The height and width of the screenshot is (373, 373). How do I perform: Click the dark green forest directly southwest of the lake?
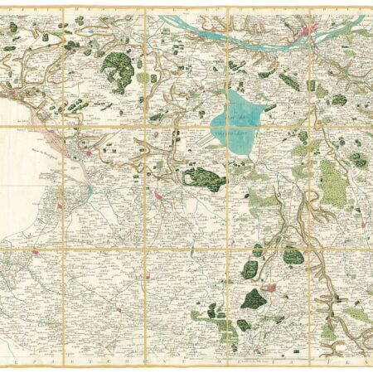tap(204, 177)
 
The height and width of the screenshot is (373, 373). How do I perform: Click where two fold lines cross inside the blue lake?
tap(228, 125)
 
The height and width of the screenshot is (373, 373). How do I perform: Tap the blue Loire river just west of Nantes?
tap(274, 37)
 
